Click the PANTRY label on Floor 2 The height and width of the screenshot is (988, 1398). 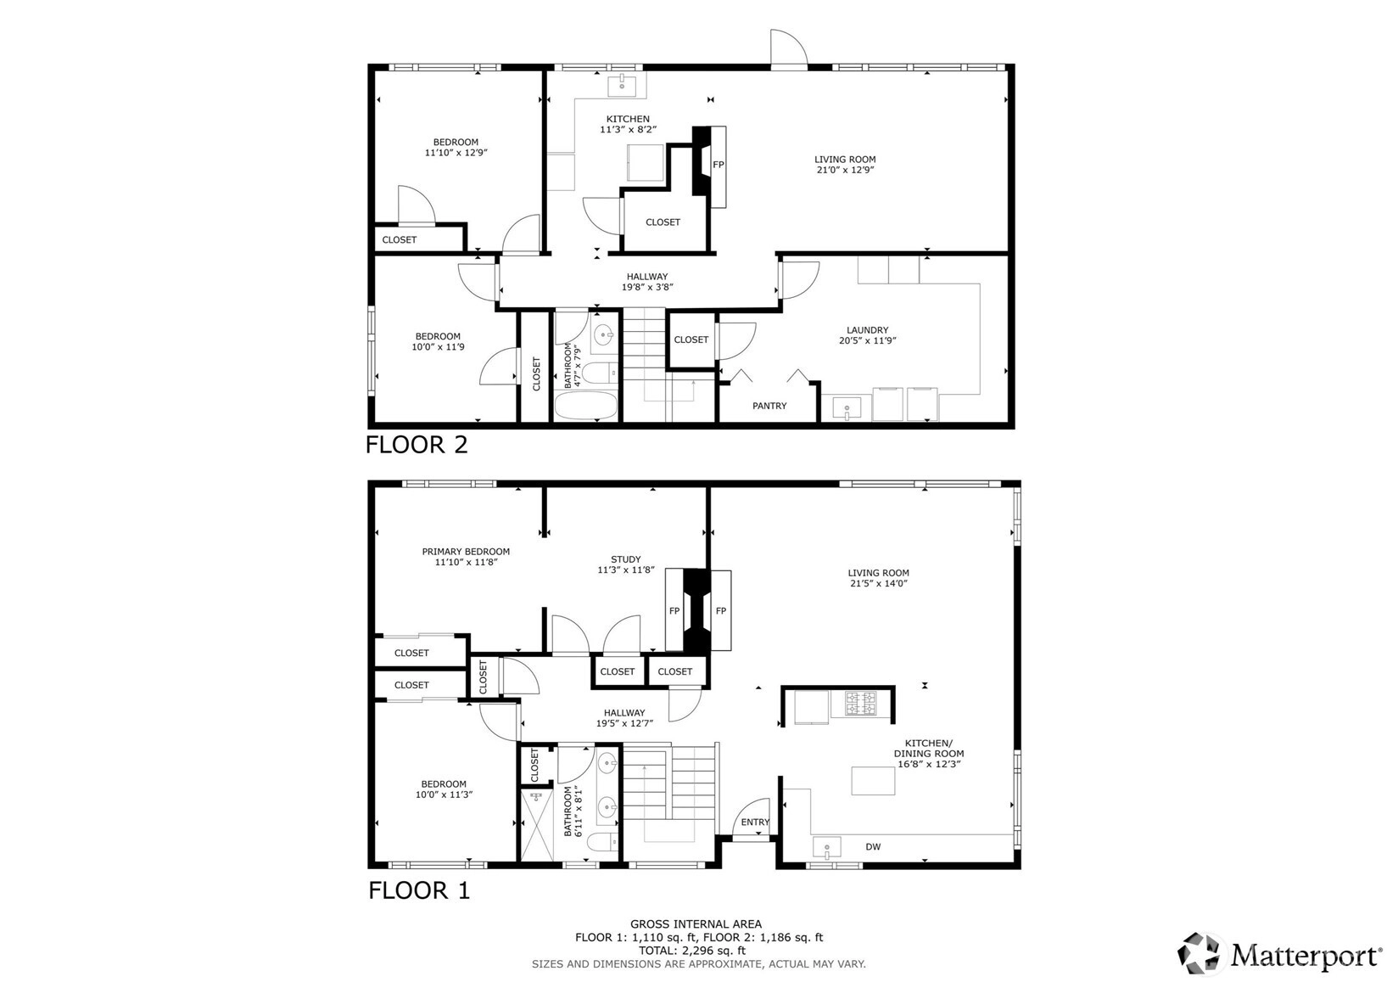point(769,406)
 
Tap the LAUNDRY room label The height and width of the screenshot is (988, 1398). point(867,330)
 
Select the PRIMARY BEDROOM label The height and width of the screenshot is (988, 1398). point(466,552)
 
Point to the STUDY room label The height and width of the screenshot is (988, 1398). point(625,559)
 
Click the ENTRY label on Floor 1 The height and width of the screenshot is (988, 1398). point(755,822)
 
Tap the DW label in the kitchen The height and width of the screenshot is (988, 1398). point(873,847)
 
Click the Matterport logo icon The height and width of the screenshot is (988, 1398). point(1199,954)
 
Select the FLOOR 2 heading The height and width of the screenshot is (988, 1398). point(417,445)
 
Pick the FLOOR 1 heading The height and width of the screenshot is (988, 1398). point(419,890)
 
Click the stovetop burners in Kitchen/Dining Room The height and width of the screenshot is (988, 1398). point(861,703)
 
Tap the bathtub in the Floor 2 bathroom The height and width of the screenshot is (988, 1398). point(586,406)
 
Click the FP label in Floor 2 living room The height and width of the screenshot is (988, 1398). point(719,165)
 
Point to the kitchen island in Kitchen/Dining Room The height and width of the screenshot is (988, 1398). point(873,781)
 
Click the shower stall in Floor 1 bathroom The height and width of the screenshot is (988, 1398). point(537,825)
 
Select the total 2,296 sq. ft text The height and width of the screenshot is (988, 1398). point(692,951)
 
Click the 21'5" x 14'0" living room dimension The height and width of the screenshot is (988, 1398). point(878,583)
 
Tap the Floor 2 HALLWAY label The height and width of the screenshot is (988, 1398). point(647,277)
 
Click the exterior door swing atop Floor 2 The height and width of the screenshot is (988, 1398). point(788,48)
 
